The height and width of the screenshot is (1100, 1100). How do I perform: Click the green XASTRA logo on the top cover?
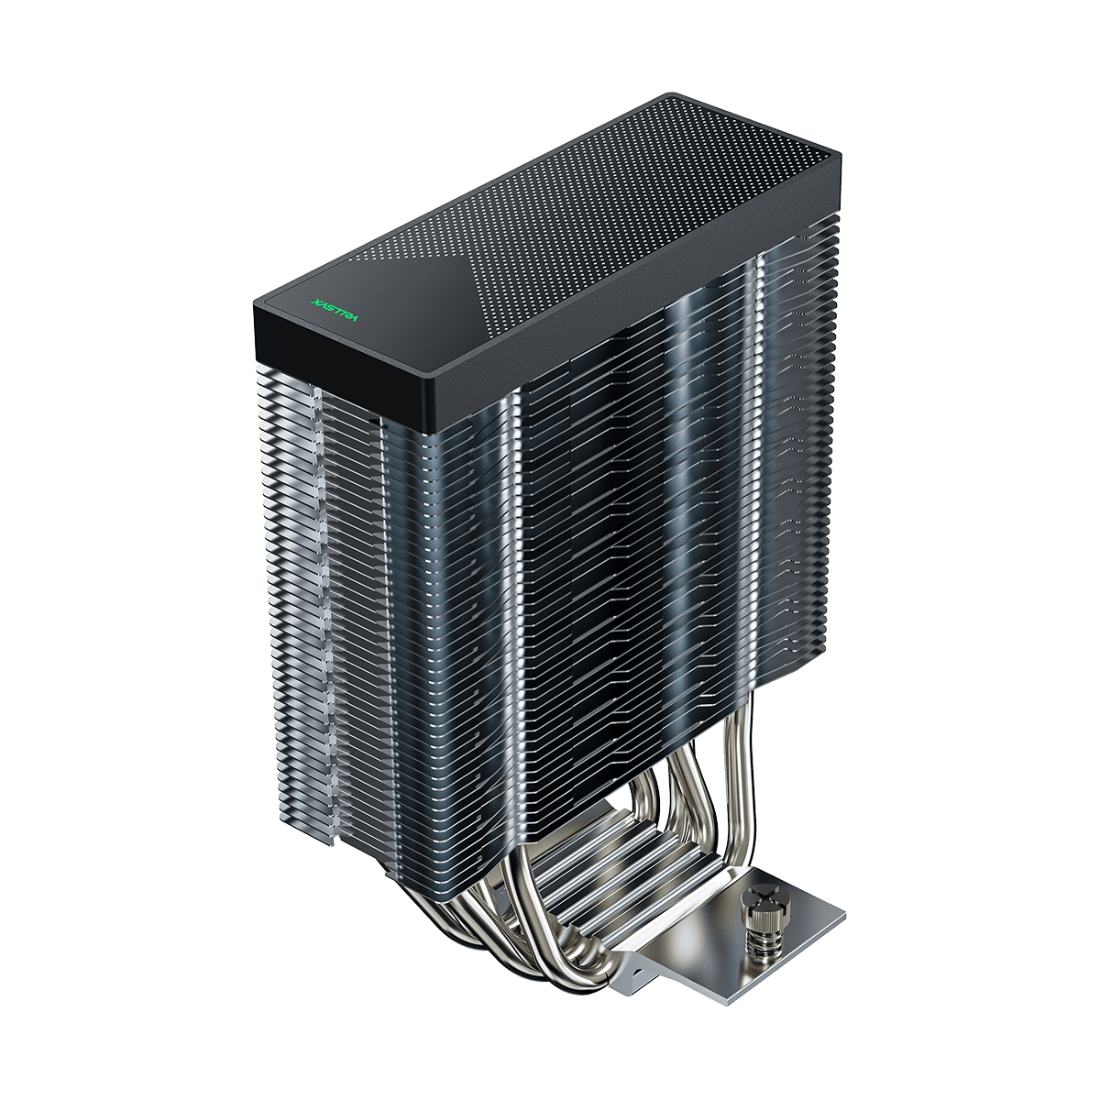tap(335, 309)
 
